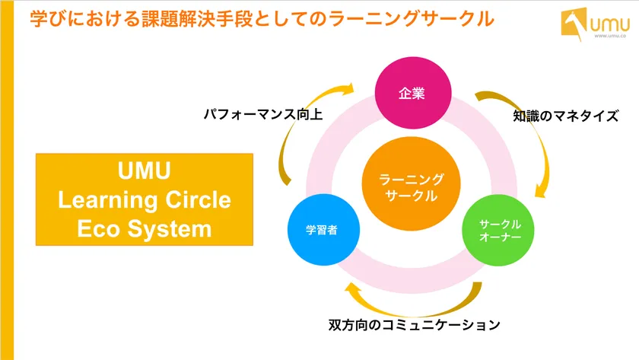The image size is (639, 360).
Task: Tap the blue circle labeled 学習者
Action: coord(322,229)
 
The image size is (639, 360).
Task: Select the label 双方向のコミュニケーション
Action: coord(415,325)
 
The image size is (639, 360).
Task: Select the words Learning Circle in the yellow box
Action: coord(144,200)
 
